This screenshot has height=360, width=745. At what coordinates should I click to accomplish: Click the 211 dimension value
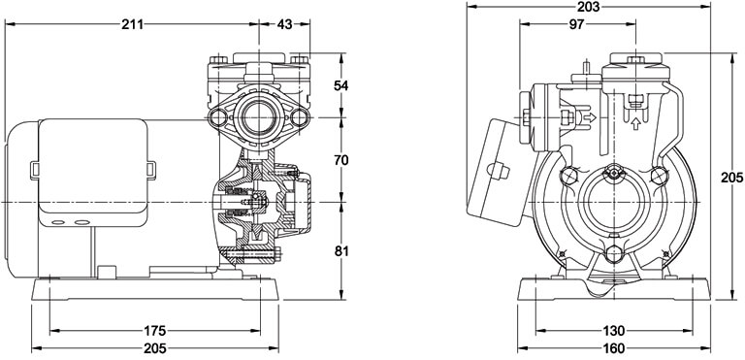click(132, 24)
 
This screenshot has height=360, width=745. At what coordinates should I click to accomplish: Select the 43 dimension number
click(284, 24)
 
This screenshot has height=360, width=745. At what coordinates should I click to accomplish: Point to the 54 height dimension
click(340, 85)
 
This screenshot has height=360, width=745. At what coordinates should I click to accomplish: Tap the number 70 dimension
click(340, 160)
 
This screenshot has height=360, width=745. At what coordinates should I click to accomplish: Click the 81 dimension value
click(340, 251)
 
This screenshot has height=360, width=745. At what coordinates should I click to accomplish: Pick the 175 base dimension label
click(154, 330)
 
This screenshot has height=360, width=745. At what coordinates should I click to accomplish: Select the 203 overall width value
click(589, 7)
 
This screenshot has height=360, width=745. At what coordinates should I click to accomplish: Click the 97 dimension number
click(576, 24)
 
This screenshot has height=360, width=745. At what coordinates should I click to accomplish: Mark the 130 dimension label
click(614, 331)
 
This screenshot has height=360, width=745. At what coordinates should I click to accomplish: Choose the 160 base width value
click(614, 348)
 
